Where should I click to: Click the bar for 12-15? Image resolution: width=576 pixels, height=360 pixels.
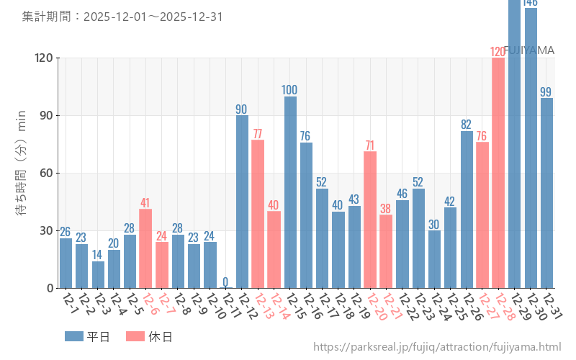point(290,192)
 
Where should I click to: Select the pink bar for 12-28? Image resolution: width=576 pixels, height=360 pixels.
point(498,173)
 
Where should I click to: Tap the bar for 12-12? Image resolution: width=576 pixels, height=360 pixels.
point(242,202)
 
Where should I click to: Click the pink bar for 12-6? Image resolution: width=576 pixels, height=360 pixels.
point(145,248)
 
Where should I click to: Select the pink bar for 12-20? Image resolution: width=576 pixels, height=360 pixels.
point(370,220)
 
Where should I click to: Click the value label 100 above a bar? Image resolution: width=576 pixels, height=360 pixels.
point(290,90)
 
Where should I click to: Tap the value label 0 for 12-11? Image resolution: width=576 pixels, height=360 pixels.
point(225,282)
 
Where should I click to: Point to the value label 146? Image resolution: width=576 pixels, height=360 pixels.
point(531,3)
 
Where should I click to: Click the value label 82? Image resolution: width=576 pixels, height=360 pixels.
point(467,125)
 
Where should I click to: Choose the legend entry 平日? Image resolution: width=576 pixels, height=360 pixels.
point(87,336)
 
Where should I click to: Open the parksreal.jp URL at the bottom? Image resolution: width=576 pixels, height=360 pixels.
point(437,347)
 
